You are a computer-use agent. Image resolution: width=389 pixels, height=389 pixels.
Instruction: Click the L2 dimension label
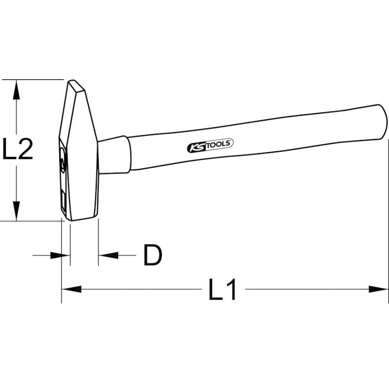click(18, 150)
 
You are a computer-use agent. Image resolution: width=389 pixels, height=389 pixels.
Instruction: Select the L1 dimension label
click(223, 290)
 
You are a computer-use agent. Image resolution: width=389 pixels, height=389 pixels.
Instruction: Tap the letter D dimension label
click(152, 255)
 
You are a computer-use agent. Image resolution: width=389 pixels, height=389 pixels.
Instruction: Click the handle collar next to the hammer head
click(115, 155)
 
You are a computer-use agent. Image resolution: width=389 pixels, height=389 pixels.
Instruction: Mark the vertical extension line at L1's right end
click(388, 219)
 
